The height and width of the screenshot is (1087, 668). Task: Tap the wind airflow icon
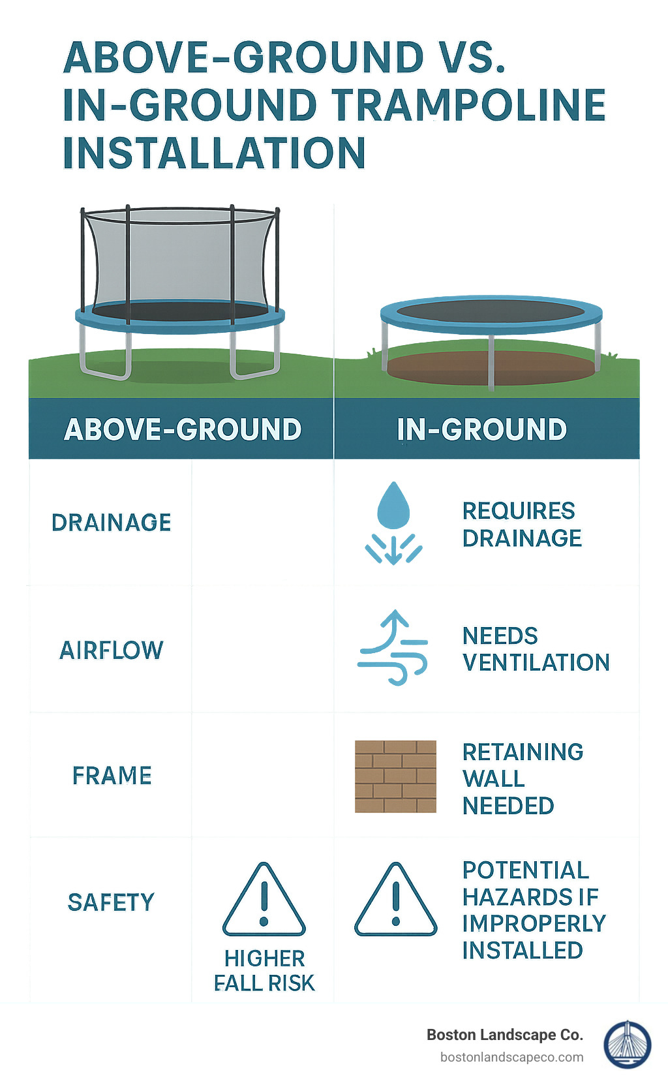point(393,648)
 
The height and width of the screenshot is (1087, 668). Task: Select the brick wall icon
point(395,776)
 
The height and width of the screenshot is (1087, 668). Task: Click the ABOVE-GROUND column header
point(183,429)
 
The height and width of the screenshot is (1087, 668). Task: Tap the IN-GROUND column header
point(481,429)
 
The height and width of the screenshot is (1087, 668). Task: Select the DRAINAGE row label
point(112,523)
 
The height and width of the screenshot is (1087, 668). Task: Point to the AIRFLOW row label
point(112,650)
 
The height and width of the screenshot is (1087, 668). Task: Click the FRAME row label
point(112,776)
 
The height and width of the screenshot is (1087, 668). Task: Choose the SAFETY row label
point(112,902)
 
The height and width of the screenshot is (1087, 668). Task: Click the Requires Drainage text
point(522,525)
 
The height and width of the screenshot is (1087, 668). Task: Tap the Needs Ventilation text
point(536,649)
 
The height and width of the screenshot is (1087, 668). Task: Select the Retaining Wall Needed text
point(523,778)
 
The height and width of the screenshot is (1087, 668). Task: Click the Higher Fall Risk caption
point(264,971)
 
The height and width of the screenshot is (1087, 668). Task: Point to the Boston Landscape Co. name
point(504,1035)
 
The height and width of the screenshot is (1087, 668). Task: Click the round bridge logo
point(627,1045)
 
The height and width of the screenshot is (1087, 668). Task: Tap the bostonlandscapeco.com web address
point(511,1057)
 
